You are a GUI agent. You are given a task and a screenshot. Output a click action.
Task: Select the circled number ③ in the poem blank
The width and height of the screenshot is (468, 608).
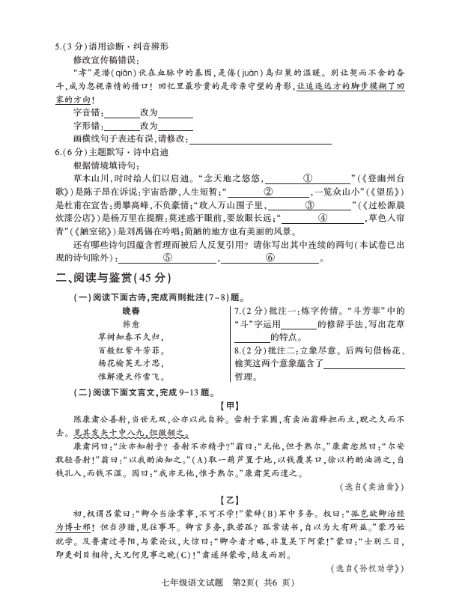pos(309,204)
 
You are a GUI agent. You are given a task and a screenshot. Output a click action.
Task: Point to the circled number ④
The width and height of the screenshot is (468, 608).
pos(323,218)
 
